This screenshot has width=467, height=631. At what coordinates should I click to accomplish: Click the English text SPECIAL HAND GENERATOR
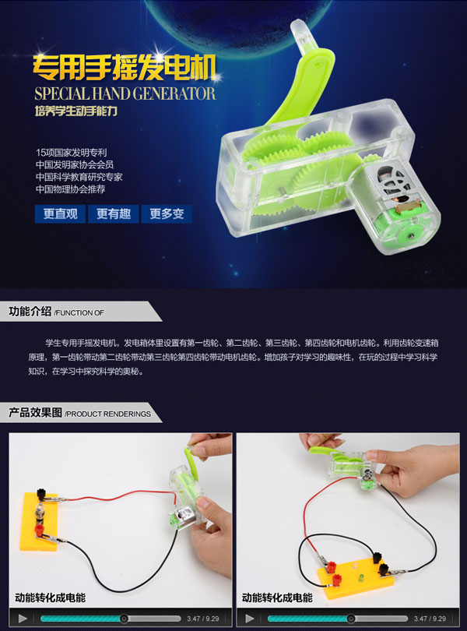coord(125,93)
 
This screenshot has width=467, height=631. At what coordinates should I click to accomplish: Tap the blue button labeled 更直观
coord(61,213)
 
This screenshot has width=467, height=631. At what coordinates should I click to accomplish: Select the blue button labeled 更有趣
coord(114,213)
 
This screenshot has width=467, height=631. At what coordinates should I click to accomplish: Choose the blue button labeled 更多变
coord(167,213)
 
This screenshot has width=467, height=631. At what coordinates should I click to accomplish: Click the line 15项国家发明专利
coord(71,153)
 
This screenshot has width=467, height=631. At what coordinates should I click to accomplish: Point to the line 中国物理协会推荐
coord(70,189)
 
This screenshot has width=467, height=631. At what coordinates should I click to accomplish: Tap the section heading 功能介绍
coord(30,312)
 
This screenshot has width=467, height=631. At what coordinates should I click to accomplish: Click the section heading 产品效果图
coord(35,412)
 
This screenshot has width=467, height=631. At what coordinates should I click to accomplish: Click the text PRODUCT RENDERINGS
coord(108,414)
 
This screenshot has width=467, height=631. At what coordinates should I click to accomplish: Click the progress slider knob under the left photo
coord(125,619)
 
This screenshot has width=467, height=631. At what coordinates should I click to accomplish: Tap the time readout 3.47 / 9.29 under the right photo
coord(430,619)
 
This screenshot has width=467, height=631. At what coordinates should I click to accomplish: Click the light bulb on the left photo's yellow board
coord(40,513)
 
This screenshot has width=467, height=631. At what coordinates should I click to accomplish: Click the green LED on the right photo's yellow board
coord(361,578)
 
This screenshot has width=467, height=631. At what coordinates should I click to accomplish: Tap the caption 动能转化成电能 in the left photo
coord(51,598)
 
